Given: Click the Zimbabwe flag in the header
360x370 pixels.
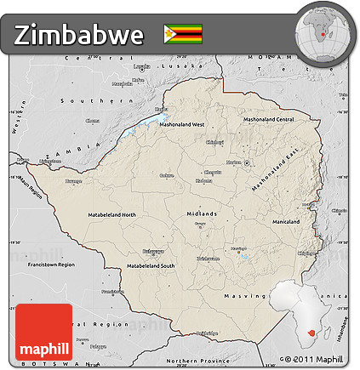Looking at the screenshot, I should pos(183,34).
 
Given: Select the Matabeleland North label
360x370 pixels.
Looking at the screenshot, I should pos(111,215).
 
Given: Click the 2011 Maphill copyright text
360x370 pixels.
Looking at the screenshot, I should pos(316,361).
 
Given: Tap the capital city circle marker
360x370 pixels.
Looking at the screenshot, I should pos(247,162).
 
